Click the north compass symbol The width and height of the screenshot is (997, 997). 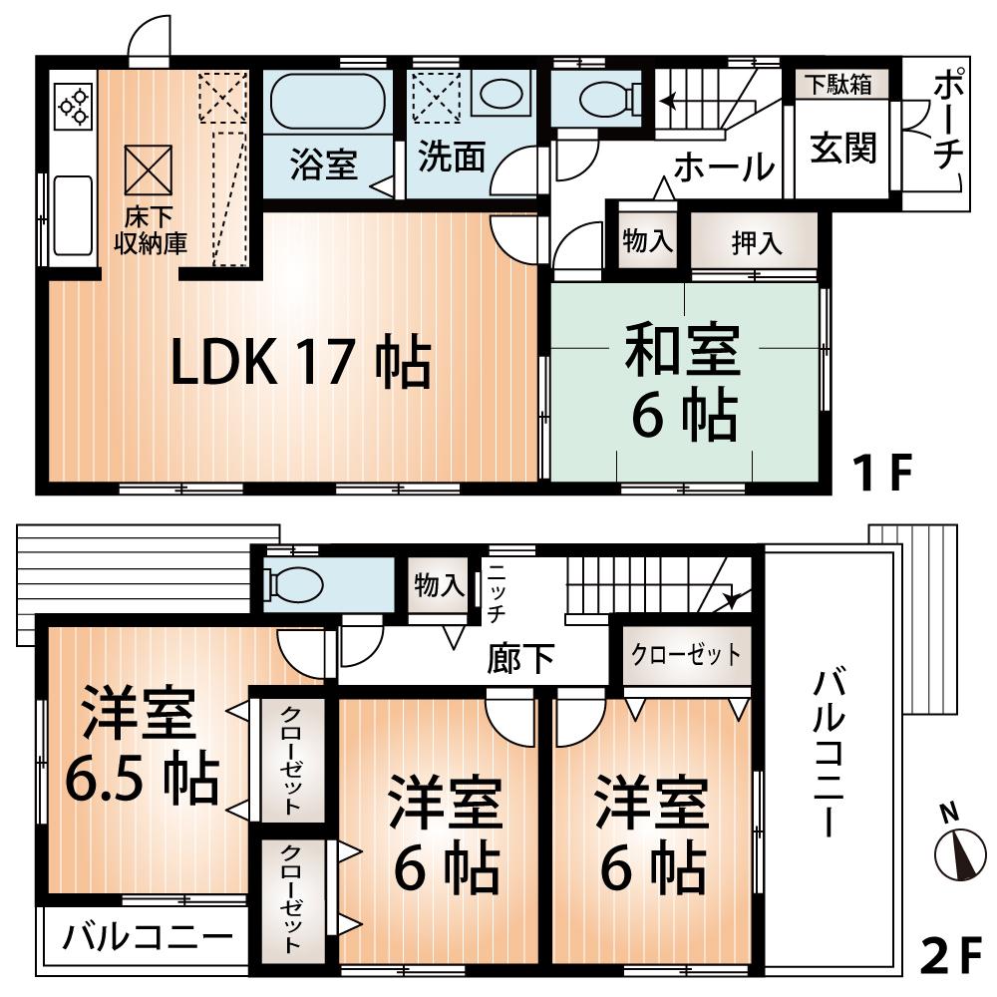[955, 848]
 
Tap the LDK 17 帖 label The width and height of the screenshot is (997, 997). [300, 364]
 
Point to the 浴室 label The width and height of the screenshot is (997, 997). [324, 164]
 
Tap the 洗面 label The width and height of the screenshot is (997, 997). [452, 160]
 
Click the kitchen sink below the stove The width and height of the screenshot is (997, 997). [73, 214]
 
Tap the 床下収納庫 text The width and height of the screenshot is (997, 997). [150, 230]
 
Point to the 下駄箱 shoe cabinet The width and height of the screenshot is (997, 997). [838, 85]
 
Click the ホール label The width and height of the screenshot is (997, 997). [723, 167]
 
